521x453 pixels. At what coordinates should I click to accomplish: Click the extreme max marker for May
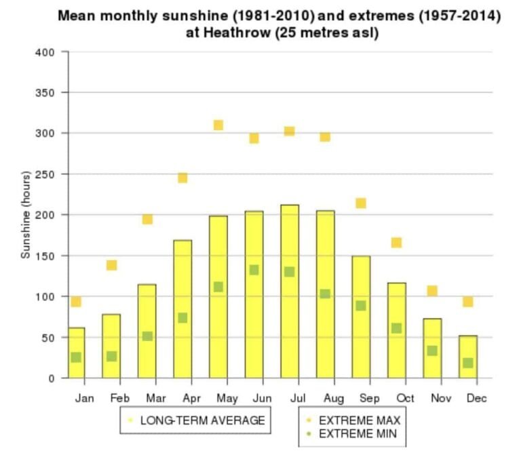218,125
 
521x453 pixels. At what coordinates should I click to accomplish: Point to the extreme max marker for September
361,203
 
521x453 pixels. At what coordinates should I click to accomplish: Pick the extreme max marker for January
76,302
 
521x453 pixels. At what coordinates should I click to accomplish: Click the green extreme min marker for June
254,270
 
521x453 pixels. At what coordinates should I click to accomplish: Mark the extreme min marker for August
325,294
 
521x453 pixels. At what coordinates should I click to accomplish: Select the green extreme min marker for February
111,356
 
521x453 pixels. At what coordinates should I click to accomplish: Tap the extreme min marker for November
432,351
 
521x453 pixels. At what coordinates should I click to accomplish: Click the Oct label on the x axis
405,398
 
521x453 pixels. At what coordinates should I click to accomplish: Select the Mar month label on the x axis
155,398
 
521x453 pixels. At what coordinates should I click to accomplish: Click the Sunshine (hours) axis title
26,215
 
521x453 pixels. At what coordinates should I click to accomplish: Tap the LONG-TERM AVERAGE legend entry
201,420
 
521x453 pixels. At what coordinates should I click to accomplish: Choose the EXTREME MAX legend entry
359,420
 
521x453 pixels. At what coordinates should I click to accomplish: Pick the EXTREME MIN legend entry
357,433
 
